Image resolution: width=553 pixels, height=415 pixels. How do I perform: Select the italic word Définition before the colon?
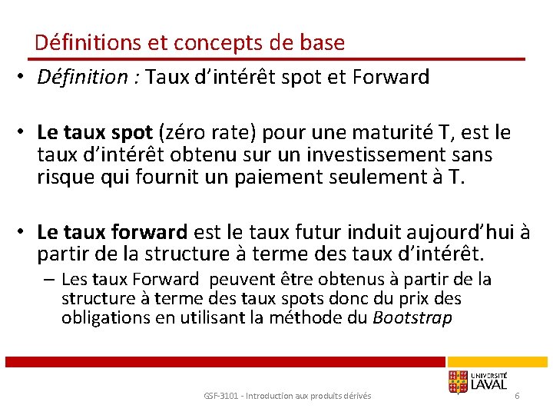82,77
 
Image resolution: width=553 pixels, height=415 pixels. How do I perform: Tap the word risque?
65,177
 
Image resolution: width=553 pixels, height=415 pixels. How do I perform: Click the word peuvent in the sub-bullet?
237,280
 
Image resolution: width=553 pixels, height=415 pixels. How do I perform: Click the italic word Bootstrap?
412,317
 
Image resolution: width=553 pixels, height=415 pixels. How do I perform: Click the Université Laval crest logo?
458,381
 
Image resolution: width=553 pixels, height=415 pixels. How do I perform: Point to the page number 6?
517,395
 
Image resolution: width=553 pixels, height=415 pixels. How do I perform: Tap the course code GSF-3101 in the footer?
220,396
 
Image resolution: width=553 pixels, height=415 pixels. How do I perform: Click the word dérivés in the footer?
356,396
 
